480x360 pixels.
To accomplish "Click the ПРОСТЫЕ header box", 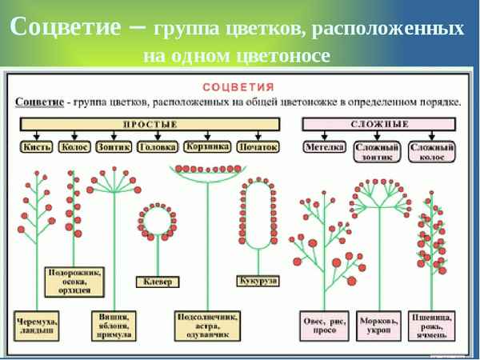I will pos(150,125).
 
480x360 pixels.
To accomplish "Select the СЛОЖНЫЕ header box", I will pos(379,125).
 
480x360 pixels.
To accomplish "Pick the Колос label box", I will pos(74,147).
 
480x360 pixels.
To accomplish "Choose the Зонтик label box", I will pos(114,147).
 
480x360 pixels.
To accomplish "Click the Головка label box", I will pos(157,147).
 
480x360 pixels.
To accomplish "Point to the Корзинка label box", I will pos(206,147).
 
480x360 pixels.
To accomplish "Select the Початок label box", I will pos(258,147).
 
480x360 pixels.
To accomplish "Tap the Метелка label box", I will pos(324,147).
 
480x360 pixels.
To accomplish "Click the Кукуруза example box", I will pos(258,281).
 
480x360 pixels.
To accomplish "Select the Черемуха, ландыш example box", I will pos(37,326).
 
